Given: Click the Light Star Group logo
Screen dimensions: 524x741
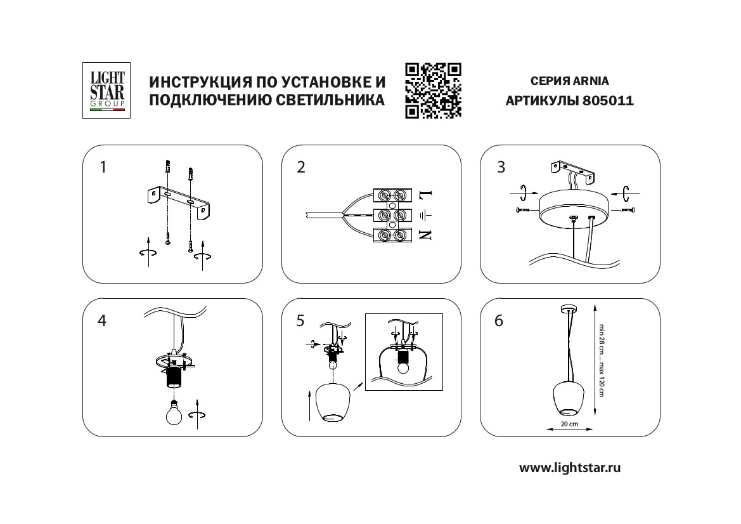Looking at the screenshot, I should coord(107,90).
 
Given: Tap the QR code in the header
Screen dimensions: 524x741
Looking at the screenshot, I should coord(433,91).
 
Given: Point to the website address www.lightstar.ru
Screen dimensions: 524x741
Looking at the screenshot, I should coord(570,468).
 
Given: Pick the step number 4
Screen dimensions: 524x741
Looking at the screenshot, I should coord(102,320).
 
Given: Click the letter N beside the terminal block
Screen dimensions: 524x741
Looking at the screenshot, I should coord(425,235).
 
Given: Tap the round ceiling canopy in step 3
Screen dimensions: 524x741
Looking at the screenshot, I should coord(572,209).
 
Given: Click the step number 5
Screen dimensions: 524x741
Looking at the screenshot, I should coord(300,321).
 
